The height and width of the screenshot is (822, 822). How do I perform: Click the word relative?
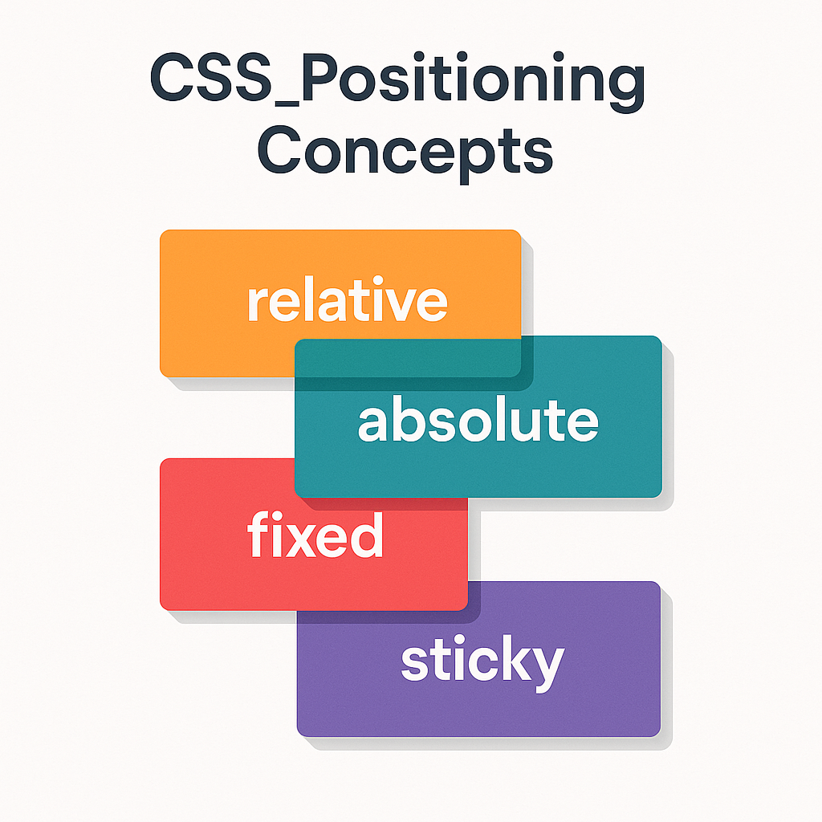tap(346, 301)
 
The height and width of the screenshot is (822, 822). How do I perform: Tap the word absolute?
tap(478, 421)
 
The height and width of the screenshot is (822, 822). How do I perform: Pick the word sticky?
tap(482, 663)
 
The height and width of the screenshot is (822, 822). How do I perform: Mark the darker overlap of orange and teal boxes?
tap(408, 357)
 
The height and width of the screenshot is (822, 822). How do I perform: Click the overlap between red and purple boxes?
tap(383, 596)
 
